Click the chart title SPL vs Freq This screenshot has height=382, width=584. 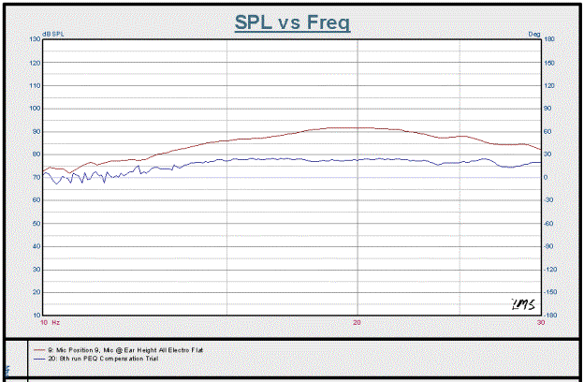coord(292,22)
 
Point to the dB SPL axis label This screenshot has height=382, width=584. coord(54,34)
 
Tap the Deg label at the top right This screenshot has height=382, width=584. coord(534,34)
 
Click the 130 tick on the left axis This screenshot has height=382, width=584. coord(35,39)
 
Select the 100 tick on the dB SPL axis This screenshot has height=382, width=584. coord(35,109)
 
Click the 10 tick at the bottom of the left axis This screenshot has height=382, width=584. coord(36,316)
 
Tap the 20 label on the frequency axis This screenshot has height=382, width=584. coord(357,322)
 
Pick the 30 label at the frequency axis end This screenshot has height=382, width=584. coord(539,322)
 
